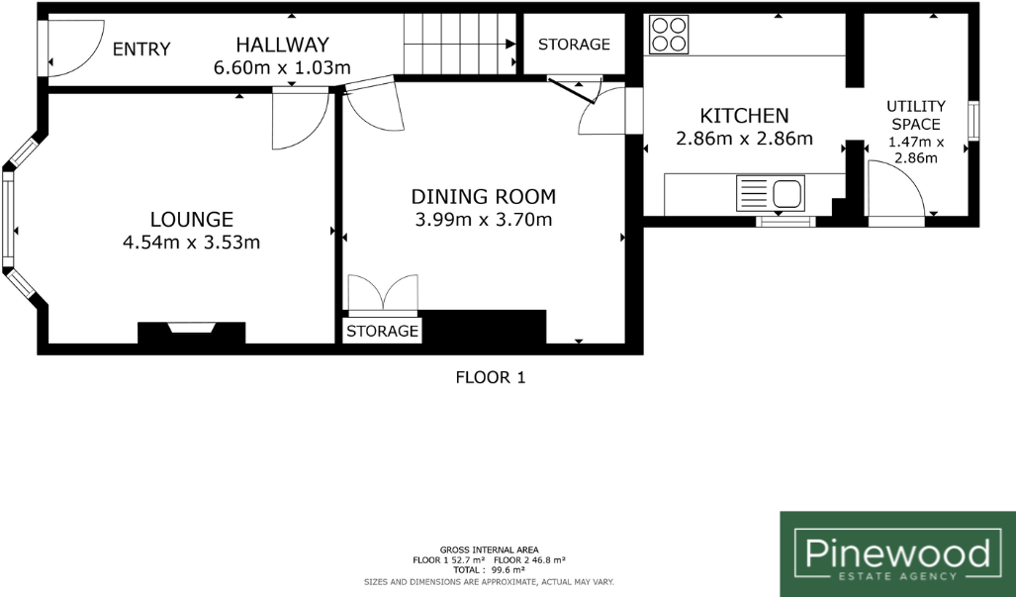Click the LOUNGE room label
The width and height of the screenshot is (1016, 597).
pyautogui.click(x=191, y=219)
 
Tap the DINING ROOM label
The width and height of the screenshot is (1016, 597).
pyautogui.click(x=484, y=196)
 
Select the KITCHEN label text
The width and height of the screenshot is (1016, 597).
pyautogui.click(x=744, y=116)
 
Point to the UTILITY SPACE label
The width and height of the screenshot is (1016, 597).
pyautogui.click(x=915, y=115)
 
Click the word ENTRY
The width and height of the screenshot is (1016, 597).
pyautogui.click(x=141, y=50)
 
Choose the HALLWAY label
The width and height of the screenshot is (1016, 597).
pyautogui.click(x=282, y=45)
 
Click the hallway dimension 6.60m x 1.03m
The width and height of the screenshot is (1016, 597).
pyautogui.click(x=282, y=68)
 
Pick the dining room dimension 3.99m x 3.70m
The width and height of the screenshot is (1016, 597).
pyautogui.click(x=484, y=220)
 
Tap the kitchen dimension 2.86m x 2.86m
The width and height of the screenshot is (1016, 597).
pyautogui.click(x=744, y=139)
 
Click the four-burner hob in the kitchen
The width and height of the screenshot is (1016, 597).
pyautogui.click(x=670, y=35)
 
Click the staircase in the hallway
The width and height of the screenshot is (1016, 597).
pyautogui.click(x=459, y=45)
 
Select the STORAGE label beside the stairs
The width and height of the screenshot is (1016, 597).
pyautogui.click(x=574, y=45)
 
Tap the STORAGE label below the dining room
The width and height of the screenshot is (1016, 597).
pyautogui.click(x=382, y=331)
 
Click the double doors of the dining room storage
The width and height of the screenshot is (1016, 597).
pyautogui.click(x=382, y=294)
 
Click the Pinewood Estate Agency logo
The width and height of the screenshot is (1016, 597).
pyautogui.click(x=897, y=553)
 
